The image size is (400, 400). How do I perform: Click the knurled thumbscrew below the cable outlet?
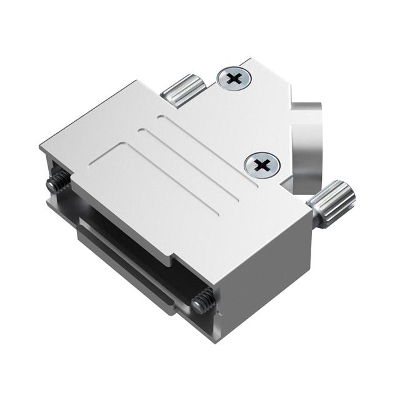(332, 201)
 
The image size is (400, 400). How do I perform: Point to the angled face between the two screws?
(262, 119)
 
